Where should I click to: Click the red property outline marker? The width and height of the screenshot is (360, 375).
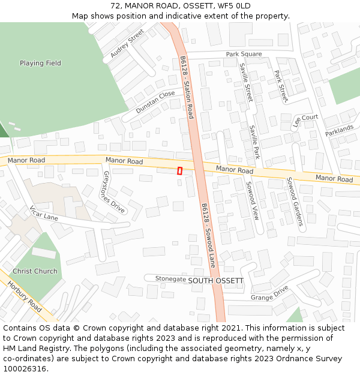coord(179,171)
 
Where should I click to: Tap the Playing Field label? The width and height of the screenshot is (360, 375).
coord(40,63)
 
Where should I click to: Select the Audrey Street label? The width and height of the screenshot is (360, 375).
coord(127,43)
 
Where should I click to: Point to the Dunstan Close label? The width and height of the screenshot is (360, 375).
coord(155,102)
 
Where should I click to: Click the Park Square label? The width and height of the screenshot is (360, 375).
coord(244,54)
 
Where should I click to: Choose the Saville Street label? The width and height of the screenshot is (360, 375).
coord(246,82)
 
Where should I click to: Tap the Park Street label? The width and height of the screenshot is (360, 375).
coord(281,86)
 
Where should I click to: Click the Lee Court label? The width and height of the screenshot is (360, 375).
coord(305,121)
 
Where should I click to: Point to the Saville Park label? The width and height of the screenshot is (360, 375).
coord(254,141)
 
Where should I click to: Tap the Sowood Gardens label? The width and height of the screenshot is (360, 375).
coord(295,201)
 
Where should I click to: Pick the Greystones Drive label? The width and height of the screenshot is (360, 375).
coord(113,192)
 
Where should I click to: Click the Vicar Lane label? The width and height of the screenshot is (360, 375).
coord(44,213)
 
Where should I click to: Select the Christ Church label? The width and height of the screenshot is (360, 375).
coord(35,271)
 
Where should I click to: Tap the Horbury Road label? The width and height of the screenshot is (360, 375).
coord(25,296)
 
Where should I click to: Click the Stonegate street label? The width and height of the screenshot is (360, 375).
coord(170,279)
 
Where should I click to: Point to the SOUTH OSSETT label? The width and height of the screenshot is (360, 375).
coord(215,281)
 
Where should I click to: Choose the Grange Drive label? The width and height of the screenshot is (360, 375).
coord(269,293)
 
